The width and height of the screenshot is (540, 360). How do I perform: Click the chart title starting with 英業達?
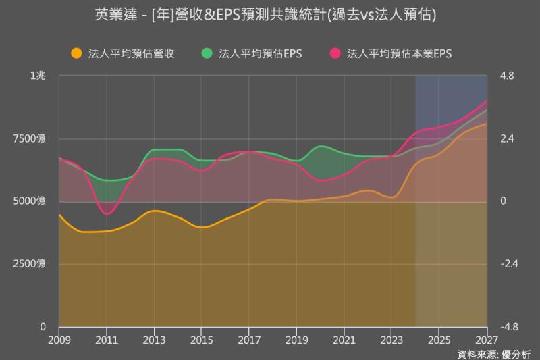pyautogui.click(x=270, y=15)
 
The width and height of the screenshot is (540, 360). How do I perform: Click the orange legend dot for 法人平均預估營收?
pyautogui.click(x=76, y=53)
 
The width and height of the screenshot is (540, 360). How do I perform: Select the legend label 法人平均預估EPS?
pyautogui.click(x=260, y=53)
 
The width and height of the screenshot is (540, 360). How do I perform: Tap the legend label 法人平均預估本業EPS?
pyautogui.click(x=399, y=53)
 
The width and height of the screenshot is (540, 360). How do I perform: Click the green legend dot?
pyautogui.click(x=207, y=53)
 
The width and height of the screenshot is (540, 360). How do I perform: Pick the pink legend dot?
pyautogui.click(x=334, y=53)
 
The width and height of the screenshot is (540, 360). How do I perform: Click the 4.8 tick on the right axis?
pyautogui.click(x=506, y=76)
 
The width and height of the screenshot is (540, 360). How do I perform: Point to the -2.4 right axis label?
pyautogui.click(x=508, y=263)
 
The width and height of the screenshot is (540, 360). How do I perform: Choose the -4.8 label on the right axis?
pyautogui.click(x=508, y=326)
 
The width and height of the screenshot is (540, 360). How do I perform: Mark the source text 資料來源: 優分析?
pyautogui.click(x=493, y=353)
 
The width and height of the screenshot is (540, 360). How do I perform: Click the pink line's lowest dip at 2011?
pyautogui.click(x=107, y=213)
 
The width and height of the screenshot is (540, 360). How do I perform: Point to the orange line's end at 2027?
pyautogui.click(x=486, y=124)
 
